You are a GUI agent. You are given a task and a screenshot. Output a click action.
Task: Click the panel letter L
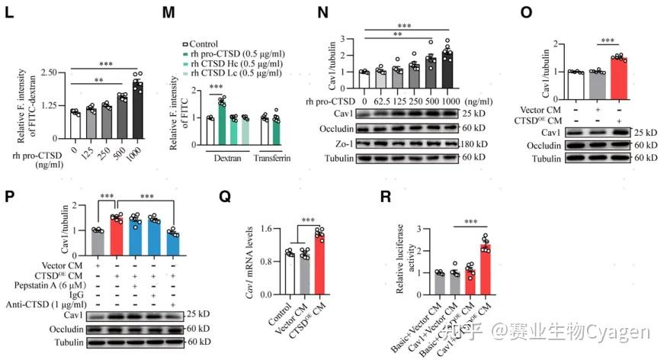pos(10,14)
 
